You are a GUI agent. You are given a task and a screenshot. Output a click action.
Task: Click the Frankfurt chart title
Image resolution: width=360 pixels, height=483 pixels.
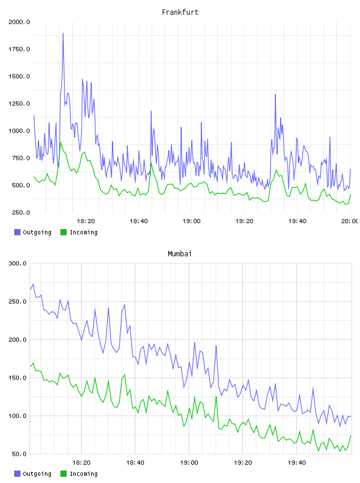pos(180,12)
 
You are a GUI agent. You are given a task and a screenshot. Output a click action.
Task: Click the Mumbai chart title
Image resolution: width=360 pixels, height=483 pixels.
pos(179,253)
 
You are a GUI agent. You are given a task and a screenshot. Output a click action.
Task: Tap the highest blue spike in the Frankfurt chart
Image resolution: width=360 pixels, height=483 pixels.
pos(63,33)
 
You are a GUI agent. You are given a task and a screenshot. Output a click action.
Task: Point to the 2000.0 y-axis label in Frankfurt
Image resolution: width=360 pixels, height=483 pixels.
pos(19,22)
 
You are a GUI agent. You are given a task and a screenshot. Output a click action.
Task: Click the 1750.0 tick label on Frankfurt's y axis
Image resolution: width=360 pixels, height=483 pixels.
pos(19,49)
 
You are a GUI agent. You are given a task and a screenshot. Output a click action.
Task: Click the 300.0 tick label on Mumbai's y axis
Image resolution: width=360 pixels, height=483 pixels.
pos(18,263)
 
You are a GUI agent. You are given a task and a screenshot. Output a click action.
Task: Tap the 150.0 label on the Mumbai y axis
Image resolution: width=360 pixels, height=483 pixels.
pos(18,378)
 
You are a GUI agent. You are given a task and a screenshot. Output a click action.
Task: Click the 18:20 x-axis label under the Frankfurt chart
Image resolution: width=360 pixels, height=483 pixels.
pos(86,221)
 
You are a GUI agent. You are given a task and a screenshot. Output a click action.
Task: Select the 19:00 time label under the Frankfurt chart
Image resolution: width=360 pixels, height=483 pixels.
pos(191,221)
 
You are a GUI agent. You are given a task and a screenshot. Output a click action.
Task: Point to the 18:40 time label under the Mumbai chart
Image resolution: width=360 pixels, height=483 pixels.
pos(135,462)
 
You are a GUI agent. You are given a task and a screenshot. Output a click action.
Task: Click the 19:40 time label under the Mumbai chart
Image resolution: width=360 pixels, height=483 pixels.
pos(297,462)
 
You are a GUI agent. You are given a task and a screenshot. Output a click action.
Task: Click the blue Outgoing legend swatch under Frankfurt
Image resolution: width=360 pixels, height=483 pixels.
pos(17,232)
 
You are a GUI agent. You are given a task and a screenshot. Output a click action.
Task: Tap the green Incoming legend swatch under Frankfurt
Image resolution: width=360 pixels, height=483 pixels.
pos(63,232)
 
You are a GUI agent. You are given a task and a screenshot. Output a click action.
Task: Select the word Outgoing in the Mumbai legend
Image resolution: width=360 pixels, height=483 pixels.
pos(37,474)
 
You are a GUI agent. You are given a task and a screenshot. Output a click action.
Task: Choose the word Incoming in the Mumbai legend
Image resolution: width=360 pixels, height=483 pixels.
pos(83,474)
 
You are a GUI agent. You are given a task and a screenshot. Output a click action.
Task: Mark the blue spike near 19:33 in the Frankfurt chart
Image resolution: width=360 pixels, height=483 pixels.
pos(275,95)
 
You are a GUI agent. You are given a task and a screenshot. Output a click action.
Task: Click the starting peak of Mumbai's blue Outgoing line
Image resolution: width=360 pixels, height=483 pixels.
pos(33,284)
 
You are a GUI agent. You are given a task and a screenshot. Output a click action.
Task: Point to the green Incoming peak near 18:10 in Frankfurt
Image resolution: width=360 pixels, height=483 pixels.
pos(60,142)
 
